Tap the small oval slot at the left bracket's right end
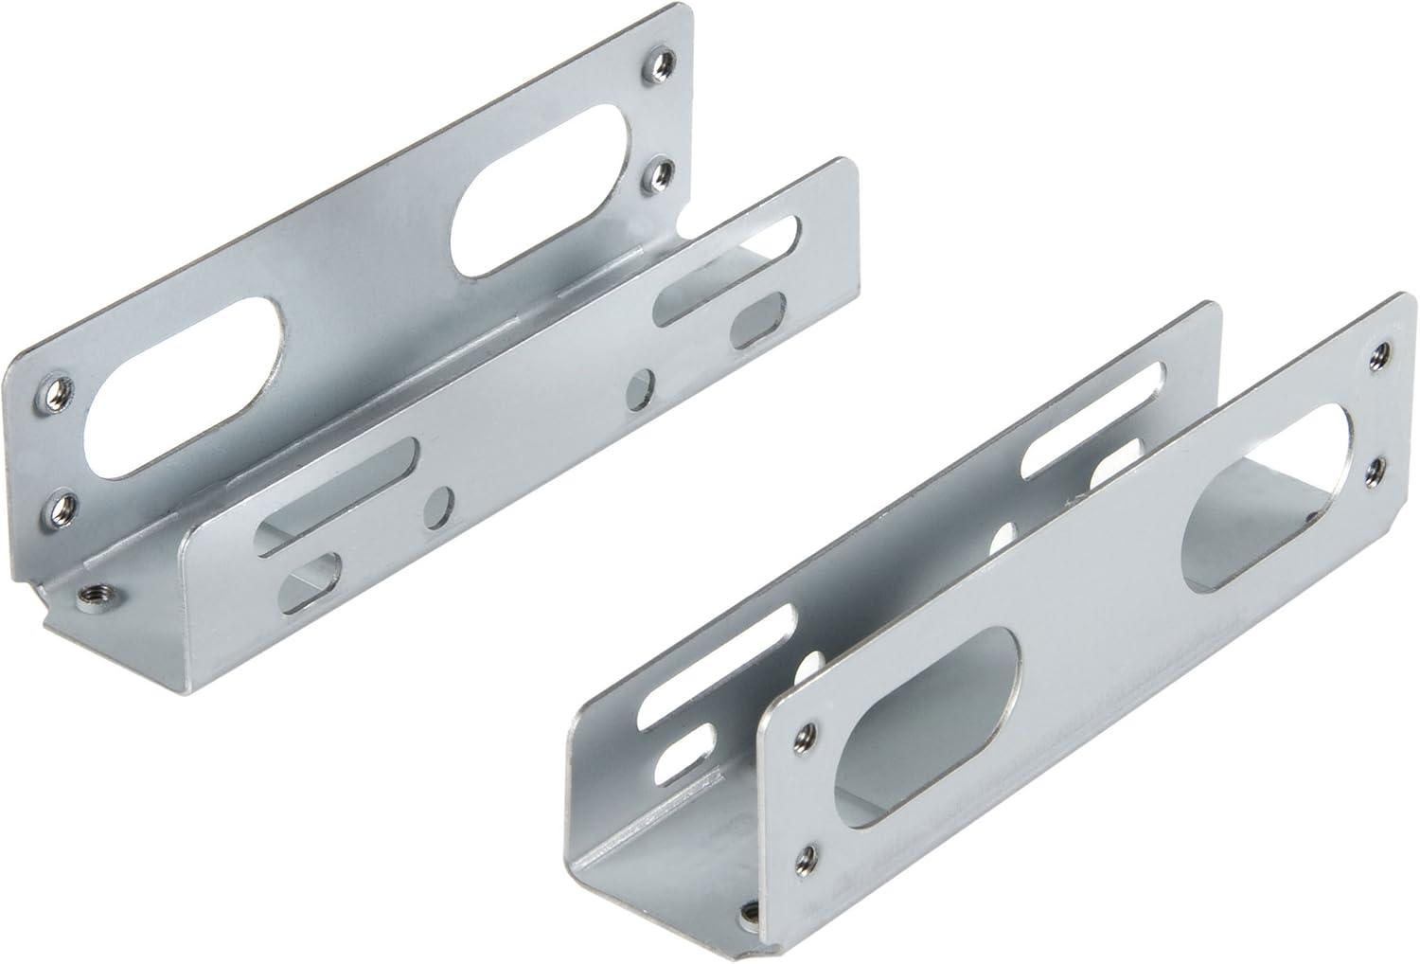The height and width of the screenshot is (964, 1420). point(758,318)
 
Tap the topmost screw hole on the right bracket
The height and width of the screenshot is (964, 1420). point(1386,352)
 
